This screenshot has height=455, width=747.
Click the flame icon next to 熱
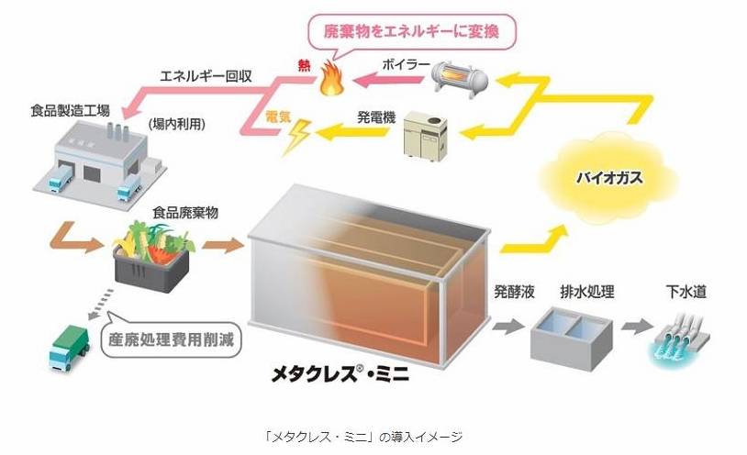click(x=328, y=83)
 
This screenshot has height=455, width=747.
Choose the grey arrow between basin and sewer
click(x=632, y=327)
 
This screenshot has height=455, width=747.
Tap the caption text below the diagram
click(x=373, y=437)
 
